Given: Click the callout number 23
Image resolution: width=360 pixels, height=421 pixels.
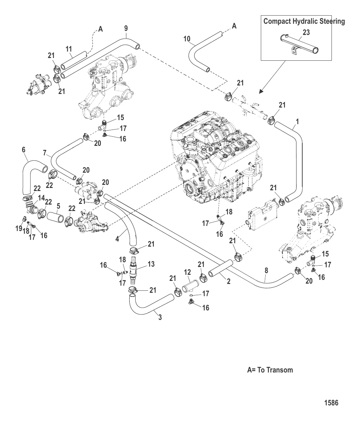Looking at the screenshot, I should pos(306,33).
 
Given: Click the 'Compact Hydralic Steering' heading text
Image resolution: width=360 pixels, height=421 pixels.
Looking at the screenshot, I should pos(304,21).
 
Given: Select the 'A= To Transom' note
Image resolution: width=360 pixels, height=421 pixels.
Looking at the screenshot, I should pos(270,370).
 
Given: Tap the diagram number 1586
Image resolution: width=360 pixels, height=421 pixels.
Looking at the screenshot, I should pos(331,403).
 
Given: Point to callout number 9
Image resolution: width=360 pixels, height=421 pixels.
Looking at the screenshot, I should pos(126,28).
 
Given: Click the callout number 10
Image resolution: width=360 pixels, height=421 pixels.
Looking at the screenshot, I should pos(187,39).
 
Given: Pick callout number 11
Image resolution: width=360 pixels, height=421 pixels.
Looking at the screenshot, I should pos(69,50).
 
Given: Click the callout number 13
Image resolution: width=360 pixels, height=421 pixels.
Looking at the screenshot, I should pos(151,264).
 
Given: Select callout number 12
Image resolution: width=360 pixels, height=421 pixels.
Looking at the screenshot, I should pos(187,272).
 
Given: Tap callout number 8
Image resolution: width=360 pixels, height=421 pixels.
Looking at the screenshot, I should pos(266,270).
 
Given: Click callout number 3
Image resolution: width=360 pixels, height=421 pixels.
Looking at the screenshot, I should pos(160,318).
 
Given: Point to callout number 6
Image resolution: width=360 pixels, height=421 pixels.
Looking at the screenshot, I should pos(24,149).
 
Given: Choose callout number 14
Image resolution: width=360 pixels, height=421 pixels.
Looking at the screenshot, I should pos(41,198).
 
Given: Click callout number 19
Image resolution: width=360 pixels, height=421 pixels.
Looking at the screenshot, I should pos(19,228).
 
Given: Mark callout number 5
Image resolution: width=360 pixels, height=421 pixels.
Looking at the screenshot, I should pos(58,206).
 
